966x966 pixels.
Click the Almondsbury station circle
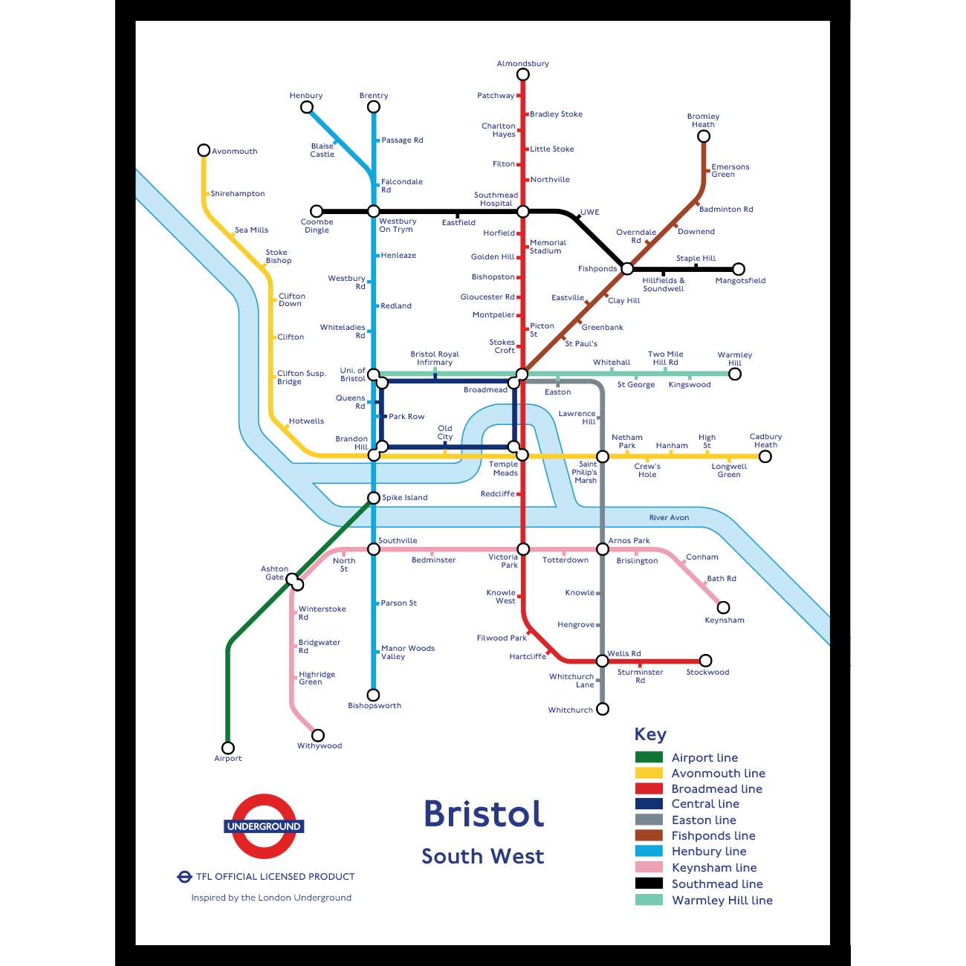pyautogui.click(x=523, y=74)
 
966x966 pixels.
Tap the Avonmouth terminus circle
pyautogui.click(x=204, y=150)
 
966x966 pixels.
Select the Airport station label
pyautogui.click(x=228, y=759)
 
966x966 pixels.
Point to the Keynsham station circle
pyautogui.click(x=723, y=607)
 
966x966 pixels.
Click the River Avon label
pyautogui.click(x=669, y=518)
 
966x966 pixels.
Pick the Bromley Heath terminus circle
pyautogui.click(x=704, y=136)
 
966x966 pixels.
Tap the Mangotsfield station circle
pyautogui.click(x=739, y=269)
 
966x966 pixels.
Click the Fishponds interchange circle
pyautogui.click(x=627, y=269)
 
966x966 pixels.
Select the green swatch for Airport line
pyautogui.click(x=649, y=757)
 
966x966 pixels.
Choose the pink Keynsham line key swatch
pyautogui.click(x=649, y=867)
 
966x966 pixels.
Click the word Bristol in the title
pyautogui.click(x=484, y=814)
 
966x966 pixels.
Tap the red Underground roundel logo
pyautogui.click(x=264, y=826)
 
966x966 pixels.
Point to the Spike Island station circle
pyautogui.click(x=374, y=498)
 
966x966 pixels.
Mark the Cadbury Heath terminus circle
pyautogui.click(x=765, y=456)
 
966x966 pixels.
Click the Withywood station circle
pyautogui.click(x=318, y=735)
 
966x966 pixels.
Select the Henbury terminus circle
pyautogui.click(x=307, y=107)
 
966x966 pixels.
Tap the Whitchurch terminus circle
pyautogui.click(x=603, y=709)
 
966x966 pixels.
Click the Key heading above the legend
pyautogui.click(x=650, y=734)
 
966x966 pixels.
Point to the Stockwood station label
pyautogui.click(x=707, y=672)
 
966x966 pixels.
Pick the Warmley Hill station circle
pyautogui.click(x=735, y=374)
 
